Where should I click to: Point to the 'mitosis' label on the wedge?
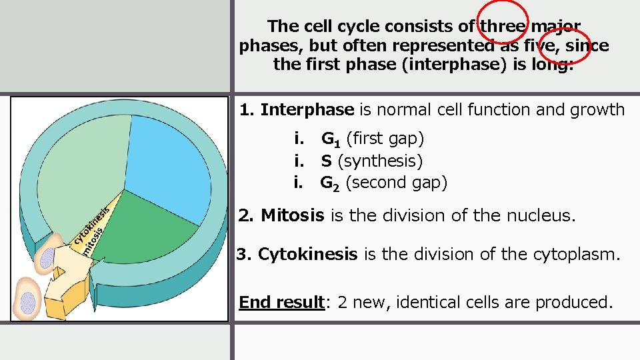coord(94,240)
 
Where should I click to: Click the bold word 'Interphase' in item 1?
coord(307,109)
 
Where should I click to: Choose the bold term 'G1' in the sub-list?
coord(331,139)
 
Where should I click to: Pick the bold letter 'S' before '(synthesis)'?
coord(326,161)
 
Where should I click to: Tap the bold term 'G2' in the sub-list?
coord(331,183)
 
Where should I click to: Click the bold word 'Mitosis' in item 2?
coord(293,215)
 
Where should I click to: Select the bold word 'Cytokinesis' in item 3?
coord(307,255)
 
